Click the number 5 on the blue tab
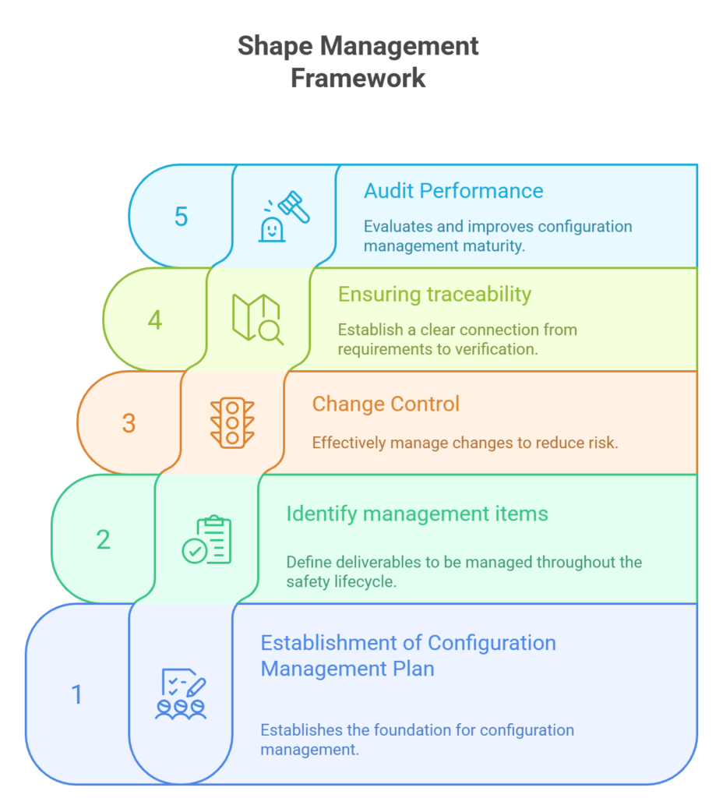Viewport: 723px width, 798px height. pos(181,217)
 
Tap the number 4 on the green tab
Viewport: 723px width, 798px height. pos(155,320)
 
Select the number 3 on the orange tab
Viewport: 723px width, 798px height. pos(129,423)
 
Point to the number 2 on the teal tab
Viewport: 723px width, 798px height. pos(103,539)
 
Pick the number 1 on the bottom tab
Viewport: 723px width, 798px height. pos(76,694)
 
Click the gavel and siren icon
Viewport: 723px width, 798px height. pos(284,216)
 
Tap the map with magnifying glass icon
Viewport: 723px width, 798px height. pos(258,319)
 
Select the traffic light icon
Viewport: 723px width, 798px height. pos(232,422)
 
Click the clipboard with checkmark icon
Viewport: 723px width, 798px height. pos(207,539)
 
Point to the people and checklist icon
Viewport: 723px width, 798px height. pos(182,693)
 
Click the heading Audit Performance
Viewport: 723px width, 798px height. pos(453,191)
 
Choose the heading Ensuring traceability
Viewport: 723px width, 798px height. pos(434,294)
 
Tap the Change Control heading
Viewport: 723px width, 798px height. pos(386,404)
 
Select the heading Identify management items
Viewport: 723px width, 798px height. pos(417,514)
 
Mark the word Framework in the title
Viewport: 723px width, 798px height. pos(358,78)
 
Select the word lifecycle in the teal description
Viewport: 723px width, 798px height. pos(369,581)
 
